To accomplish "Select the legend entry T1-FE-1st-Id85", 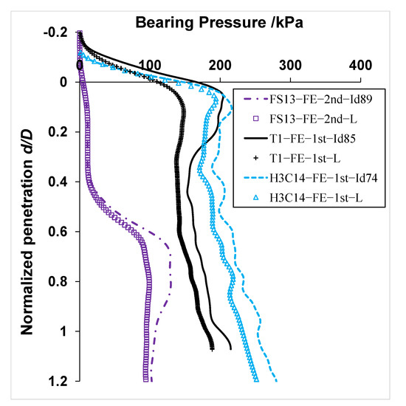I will [x=322, y=139].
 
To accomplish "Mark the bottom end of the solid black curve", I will [x=231, y=348].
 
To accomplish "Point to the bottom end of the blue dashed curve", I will [x=277, y=382].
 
